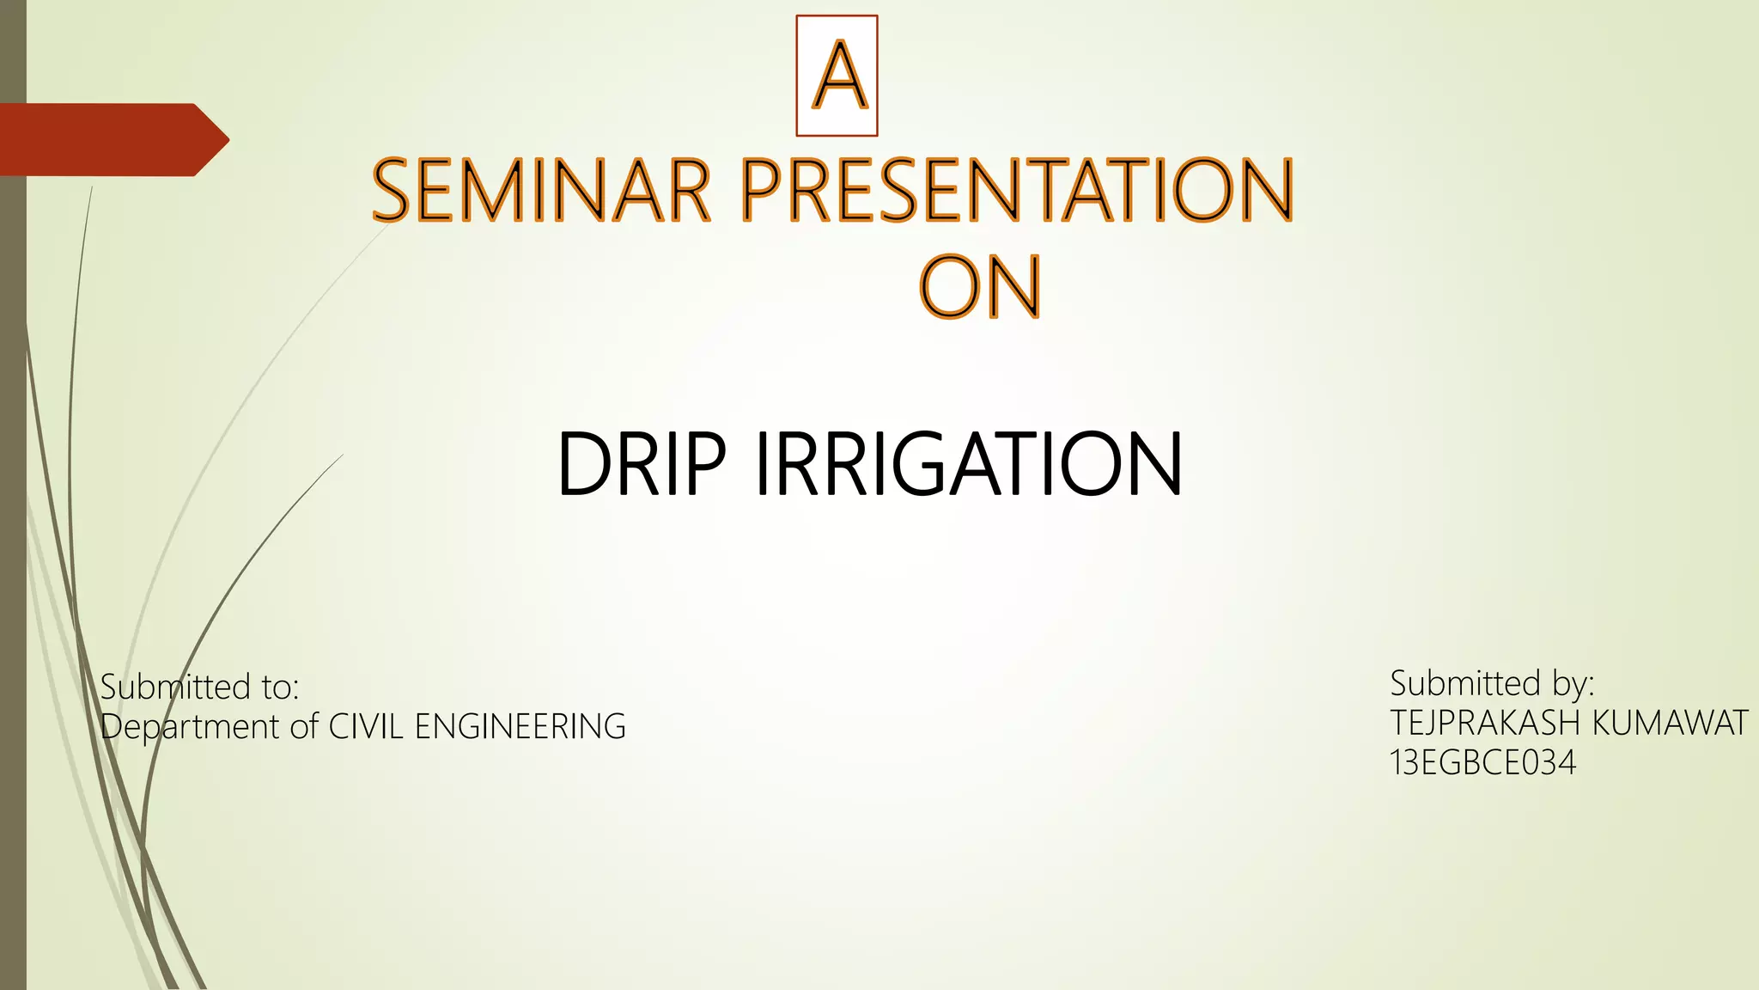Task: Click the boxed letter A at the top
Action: tap(837, 76)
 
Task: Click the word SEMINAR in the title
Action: tap(541, 190)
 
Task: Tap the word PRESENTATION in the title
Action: tap(1017, 190)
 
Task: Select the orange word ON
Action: tap(980, 287)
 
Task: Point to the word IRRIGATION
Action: tap(969, 464)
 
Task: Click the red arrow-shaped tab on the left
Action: tap(112, 140)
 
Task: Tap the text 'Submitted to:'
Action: tap(199, 687)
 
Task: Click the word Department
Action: tap(191, 727)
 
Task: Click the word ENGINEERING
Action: tap(520, 727)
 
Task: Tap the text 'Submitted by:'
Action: tap(1492, 683)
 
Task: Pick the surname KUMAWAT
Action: tap(1670, 724)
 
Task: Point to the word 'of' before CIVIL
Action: tap(304, 727)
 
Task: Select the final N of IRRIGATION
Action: tap(1150, 464)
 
